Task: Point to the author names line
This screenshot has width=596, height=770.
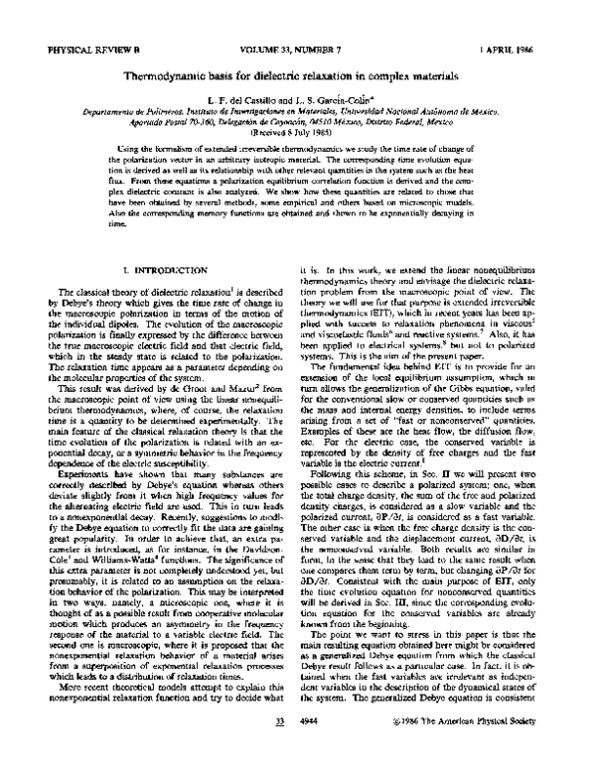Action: pyautogui.click(x=299, y=102)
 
